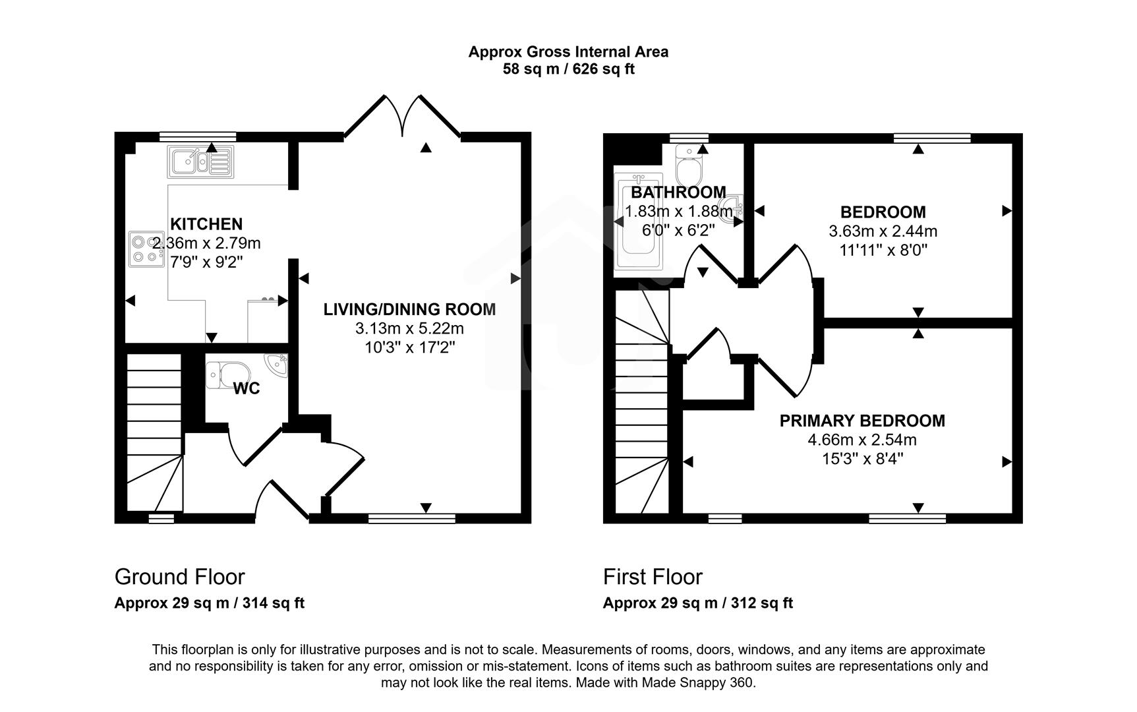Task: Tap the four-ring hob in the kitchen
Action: click(x=146, y=249)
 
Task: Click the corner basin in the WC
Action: click(x=277, y=363)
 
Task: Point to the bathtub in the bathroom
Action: click(x=637, y=224)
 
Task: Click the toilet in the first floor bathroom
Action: click(x=690, y=165)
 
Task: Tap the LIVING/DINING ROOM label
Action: click(x=409, y=309)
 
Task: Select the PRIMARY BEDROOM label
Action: click(x=862, y=421)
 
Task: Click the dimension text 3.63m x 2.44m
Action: click(x=883, y=231)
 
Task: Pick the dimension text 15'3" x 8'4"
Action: click(x=862, y=459)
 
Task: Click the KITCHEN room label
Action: click(x=206, y=224)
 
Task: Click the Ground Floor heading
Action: click(x=179, y=577)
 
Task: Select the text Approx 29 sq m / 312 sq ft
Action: click(x=697, y=603)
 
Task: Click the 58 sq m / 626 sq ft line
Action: click(x=568, y=69)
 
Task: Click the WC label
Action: click(x=247, y=389)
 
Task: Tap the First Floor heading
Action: click(x=653, y=577)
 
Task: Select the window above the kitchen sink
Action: click(x=197, y=136)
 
